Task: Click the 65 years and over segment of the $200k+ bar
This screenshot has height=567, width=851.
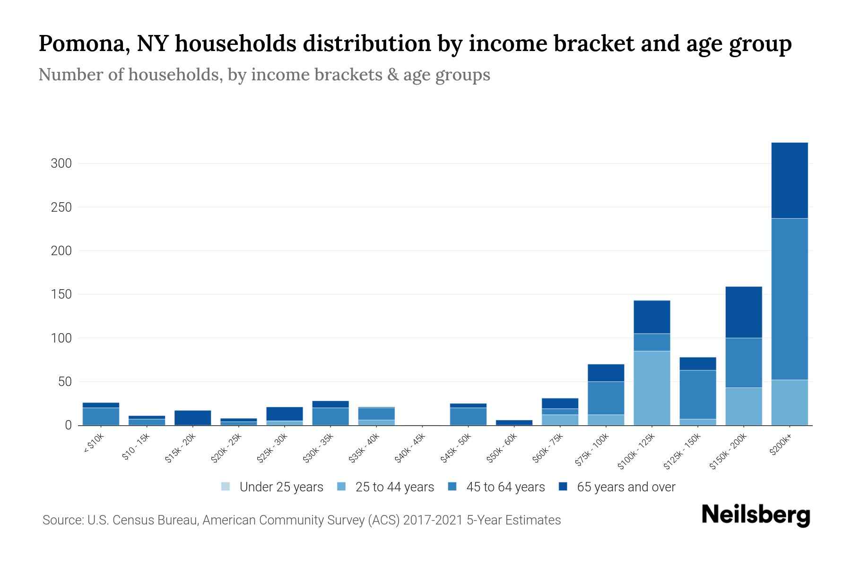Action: (789, 180)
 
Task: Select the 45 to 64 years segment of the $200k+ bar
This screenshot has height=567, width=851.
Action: (789, 299)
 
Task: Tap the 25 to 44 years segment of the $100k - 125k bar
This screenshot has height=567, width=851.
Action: (651, 388)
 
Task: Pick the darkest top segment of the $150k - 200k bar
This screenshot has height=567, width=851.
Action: (744, 312)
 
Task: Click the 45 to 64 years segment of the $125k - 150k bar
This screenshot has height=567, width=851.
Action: (697, 395)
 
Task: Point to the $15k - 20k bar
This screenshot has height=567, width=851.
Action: (192, 418)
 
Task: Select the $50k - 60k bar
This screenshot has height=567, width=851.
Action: (514, 422)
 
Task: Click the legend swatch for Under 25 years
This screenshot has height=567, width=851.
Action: (226, 487)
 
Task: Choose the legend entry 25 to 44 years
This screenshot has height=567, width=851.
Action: (394, 487)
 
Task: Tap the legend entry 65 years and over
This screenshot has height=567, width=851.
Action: (625, 487)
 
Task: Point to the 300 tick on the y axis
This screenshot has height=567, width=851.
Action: (61, 163)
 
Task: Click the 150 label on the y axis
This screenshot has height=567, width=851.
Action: (61, 294)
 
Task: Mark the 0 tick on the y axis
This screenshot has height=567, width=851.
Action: (68, 425)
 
